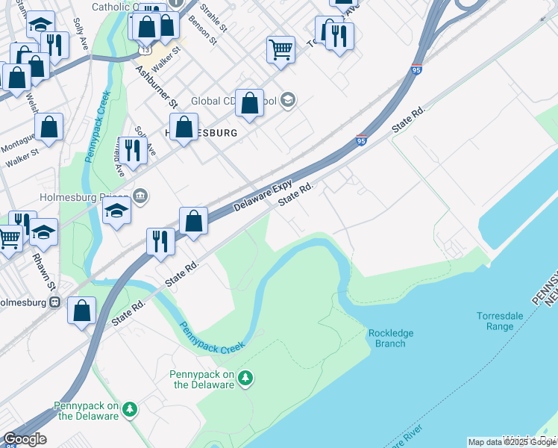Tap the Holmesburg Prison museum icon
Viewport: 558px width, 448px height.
[141, 196]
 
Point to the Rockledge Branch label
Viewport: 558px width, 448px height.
[391, 338]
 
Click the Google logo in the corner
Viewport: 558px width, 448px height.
[25, 439]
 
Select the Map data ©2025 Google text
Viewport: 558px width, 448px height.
[511, 442]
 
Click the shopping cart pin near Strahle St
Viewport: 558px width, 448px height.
[280, 49]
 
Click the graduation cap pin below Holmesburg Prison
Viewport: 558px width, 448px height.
[116, 211]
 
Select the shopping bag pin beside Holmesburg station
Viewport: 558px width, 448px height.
[81, 310]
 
